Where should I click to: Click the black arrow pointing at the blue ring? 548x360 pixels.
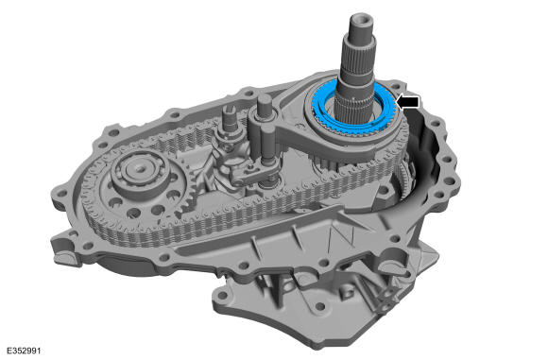408,102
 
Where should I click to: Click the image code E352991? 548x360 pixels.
25,351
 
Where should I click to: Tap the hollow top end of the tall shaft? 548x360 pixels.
362,19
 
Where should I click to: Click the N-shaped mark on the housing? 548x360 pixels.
342,237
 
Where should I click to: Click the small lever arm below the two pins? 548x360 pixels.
248,174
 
